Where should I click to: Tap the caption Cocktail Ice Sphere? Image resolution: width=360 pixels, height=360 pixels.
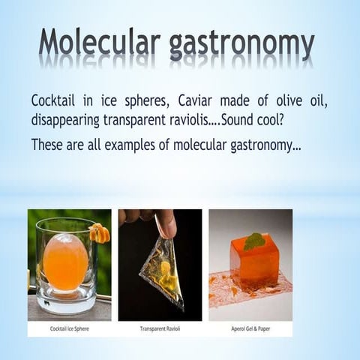point(69,328)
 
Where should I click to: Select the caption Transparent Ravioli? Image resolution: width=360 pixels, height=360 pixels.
point(160,328)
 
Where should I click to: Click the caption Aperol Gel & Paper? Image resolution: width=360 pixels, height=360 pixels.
point(250,328)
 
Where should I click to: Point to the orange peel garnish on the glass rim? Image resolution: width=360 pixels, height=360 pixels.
point(100,232)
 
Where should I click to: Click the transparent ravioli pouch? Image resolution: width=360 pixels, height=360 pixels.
point(161,270)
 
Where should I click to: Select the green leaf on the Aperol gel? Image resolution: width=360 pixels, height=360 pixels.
point(253,241)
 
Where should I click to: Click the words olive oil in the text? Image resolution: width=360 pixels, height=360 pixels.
point(300,100)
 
